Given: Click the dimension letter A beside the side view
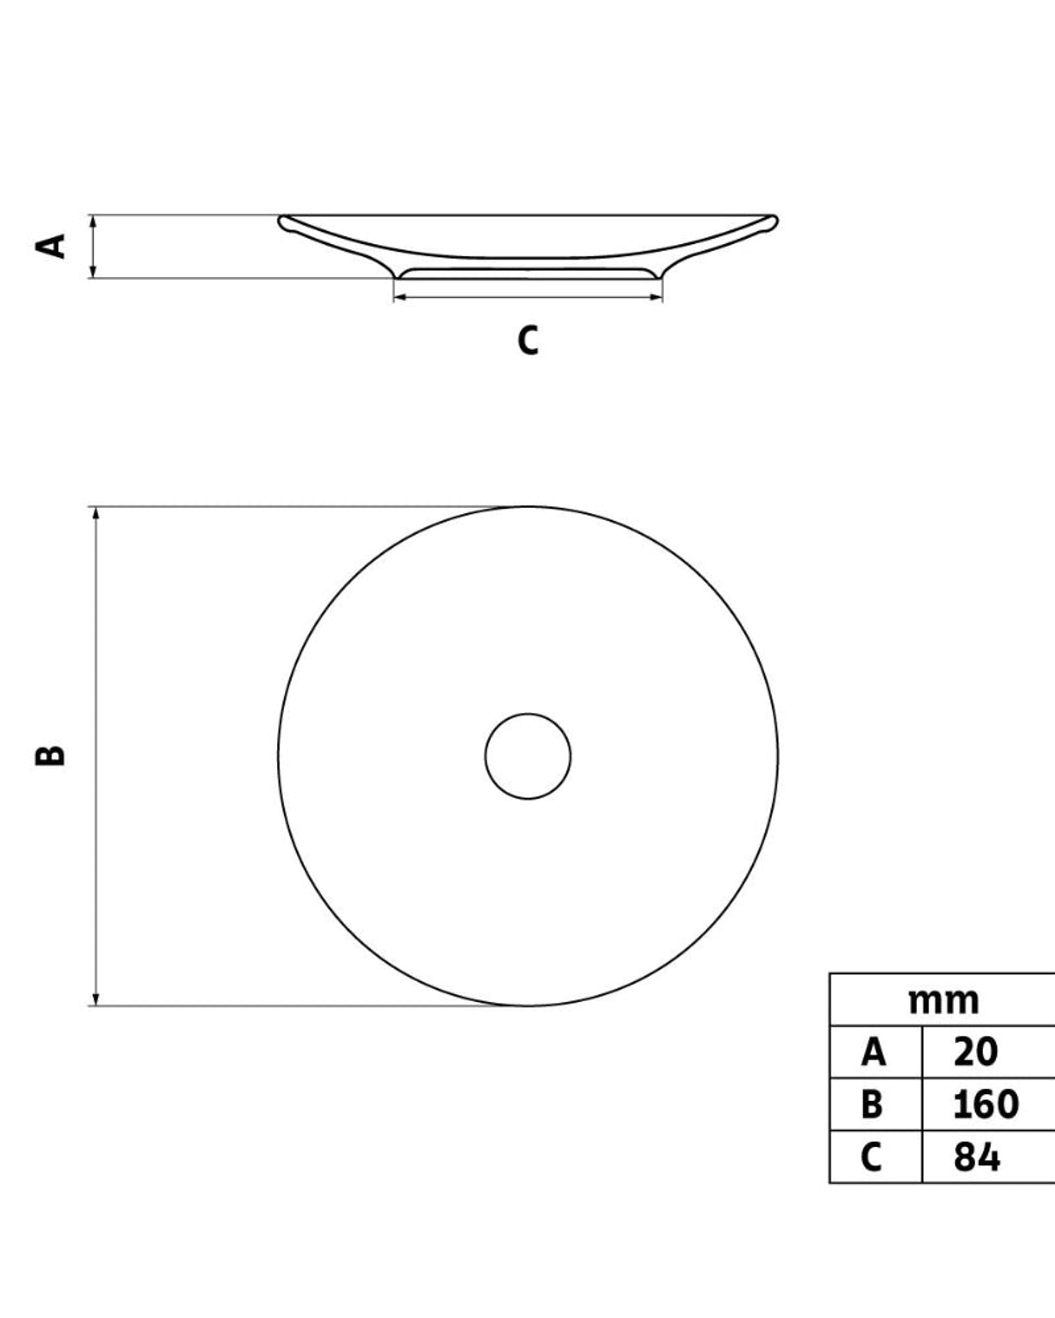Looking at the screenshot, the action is (x=51, y=246).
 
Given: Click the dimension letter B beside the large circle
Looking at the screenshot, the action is (x=50, y=755).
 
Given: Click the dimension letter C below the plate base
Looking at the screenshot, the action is (x=527, y=340).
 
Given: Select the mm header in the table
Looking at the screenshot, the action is (x=944, y=1000).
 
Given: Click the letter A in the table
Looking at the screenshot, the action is (x=873, y=1052).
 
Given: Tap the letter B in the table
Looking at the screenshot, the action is (x=872, y=1104).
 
